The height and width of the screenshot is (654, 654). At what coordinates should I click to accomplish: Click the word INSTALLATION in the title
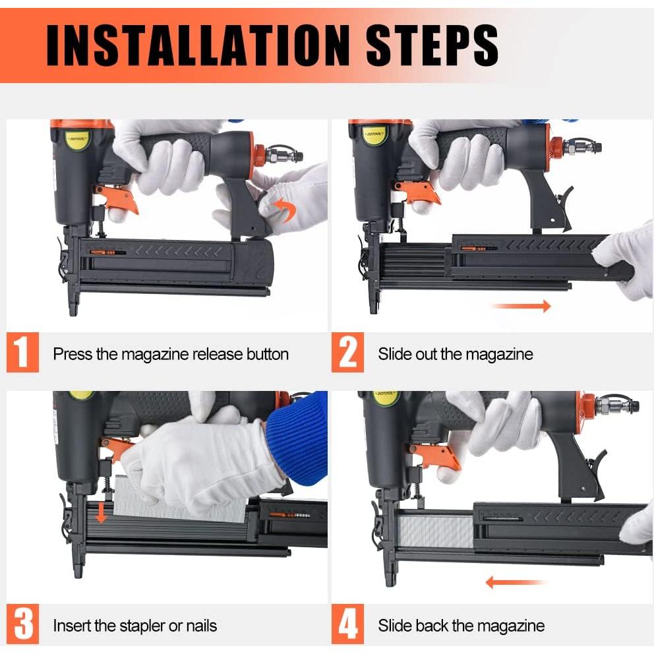(x=198, y=45)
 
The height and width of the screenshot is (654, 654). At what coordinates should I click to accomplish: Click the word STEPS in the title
(x=432, y=45)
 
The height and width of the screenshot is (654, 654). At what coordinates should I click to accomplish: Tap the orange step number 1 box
(x=23, y=353)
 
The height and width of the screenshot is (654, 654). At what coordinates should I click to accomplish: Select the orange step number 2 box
(x=348, y=353)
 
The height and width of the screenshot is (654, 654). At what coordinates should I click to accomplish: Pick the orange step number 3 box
(x=23, y=624)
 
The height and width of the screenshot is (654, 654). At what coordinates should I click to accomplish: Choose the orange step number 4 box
(x=348, y=624)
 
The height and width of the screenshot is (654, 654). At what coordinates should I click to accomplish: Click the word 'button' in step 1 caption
(x=268, y=354)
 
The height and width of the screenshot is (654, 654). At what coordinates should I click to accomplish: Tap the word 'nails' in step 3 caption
(x=202, y=626)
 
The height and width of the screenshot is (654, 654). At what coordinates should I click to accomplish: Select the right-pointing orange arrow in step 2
(x=521, y=306)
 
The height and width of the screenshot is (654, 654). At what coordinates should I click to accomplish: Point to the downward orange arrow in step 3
(x=101, y=514)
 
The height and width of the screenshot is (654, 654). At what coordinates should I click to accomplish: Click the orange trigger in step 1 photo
(x=118, y=199)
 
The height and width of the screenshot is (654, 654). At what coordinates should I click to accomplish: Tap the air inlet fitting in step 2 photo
(x=582, y=146)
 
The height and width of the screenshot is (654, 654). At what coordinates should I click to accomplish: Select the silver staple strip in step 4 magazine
(x=435, y=530)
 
